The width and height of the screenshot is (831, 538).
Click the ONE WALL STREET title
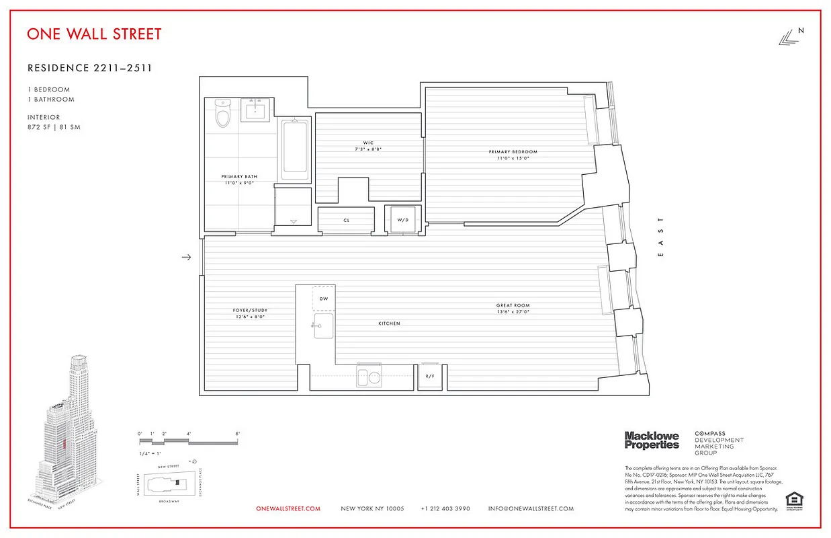click(x=94, y=34)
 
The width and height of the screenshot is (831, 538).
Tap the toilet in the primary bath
click(x=222, y=114)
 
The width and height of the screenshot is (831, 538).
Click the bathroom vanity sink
click(x=255, y=110)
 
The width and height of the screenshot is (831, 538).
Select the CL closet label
click(x=347, y=220)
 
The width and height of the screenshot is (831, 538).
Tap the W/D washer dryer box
click(x=402, y=220)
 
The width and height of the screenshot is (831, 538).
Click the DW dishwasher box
click(x=323, y=298)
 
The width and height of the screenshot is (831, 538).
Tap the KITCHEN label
click(x=389, y=323)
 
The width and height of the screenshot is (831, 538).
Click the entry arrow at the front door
click(x=187, y=257)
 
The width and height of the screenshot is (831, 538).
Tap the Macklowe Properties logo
click(x=652, y=440)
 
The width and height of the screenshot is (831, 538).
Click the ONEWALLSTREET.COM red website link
click(x=288, y=509)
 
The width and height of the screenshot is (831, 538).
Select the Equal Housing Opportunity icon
click(x=794, y=501)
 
